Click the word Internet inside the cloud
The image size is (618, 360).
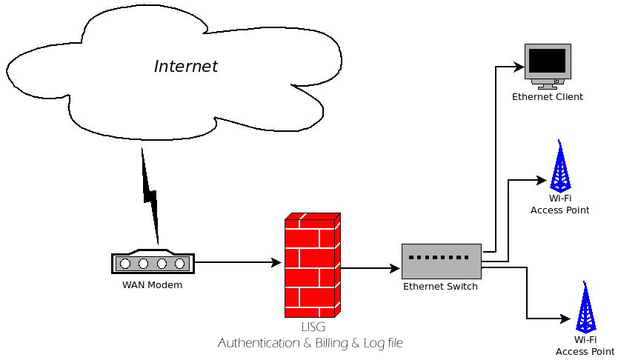click(185, 66)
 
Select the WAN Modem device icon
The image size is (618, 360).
click(153, 262)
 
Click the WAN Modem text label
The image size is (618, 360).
click(152, 284)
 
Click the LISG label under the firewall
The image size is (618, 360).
click(312, 327)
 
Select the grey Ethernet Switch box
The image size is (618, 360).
click(442, 261)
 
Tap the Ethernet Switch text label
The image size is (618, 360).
click(440, 287)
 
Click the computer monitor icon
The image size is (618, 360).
click(547, 65)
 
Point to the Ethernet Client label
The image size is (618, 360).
click(547, 97)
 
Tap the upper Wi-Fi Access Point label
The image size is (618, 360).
click(559, 204)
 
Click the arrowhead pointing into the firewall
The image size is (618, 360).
click(278, 262)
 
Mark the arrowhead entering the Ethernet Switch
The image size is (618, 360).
click(396, 267)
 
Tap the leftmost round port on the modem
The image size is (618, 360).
click(125, 263)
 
